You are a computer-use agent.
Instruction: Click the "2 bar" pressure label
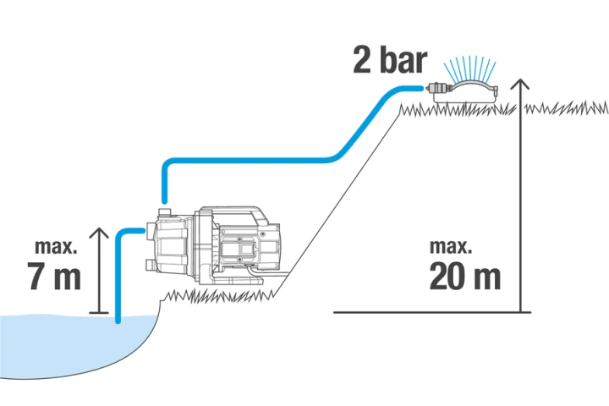coord(390,60)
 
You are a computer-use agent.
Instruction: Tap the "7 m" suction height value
coord(54,277)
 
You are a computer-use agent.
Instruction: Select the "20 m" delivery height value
coord(465,277)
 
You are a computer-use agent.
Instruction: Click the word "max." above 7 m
coord(56,247)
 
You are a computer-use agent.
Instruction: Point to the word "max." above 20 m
coord(451,247)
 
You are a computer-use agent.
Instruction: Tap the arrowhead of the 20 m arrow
coord(519,84)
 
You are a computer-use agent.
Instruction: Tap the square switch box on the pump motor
coord(239,248)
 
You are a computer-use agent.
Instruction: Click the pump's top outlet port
coord(165,212)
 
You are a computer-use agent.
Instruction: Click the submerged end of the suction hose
coord(118,320)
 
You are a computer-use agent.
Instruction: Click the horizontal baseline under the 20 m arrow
coord(432,312)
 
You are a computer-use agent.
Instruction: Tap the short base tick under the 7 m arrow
coord(99,312)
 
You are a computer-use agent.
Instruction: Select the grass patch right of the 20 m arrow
coord(566,107)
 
